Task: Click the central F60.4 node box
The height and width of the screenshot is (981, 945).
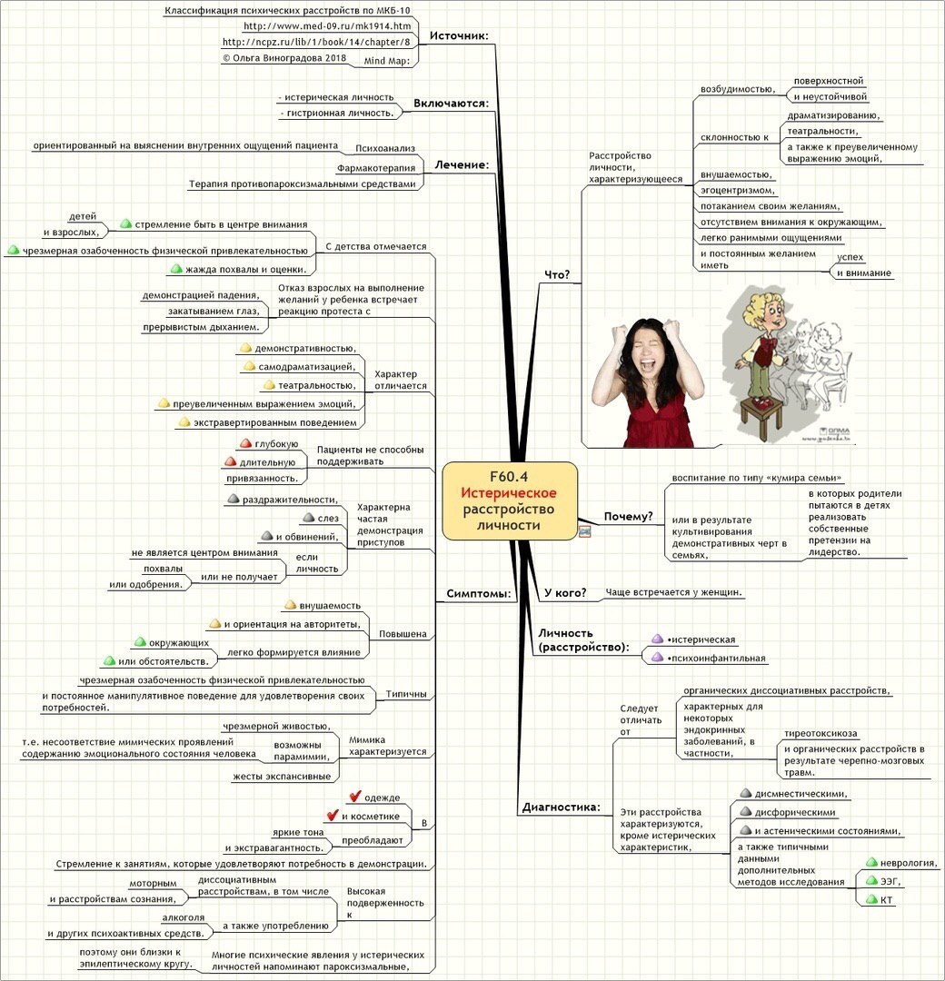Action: (x=510, y=500)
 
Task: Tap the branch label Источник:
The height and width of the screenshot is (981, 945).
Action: (x=459, y=35)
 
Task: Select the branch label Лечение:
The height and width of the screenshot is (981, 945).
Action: (x=462, y=164)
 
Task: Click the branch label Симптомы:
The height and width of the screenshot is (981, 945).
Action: (x=479, y=593)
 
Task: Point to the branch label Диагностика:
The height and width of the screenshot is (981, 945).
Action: (x=561, y=808)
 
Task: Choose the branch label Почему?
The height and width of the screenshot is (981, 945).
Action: (x=628, y=516)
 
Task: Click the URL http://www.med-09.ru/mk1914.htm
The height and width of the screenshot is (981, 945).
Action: (x=327, y=26)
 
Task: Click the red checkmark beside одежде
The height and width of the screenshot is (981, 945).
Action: (x=355, y=796)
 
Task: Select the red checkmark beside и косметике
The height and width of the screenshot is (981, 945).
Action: (x=333, y=815)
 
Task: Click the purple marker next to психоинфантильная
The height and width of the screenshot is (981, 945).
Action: (x=657, y=657)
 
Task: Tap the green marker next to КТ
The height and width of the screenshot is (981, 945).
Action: (x=871, y=899)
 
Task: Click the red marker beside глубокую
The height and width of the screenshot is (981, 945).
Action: (x=246, y=443)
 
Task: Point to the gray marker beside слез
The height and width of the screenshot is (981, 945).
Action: (x=309, y=518)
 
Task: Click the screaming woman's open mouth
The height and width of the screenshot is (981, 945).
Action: (x=644, y=363)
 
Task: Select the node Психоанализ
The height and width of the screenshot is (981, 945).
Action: (x=385, y=148)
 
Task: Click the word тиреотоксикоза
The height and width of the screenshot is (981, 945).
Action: (x=821, y=733)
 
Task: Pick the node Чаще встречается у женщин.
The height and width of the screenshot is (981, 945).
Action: (x=673, y=592)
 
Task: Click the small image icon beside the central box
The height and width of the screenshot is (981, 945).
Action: (x=584, y=532)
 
